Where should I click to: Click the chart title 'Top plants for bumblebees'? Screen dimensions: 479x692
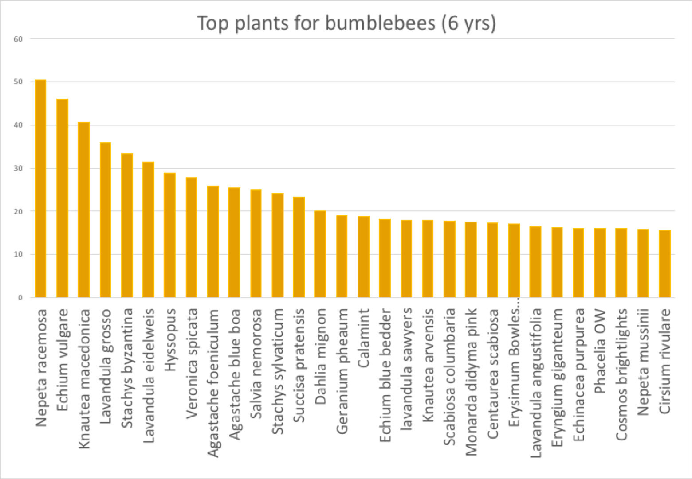click(x=346, y=23)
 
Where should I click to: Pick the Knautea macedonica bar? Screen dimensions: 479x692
click(x=83, y=210)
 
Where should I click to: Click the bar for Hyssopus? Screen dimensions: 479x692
click(x=169, y=235)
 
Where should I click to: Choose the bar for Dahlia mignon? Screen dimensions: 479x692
click(x=320, y=254)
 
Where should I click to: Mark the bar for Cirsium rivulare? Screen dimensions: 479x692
click(x=664, y=264)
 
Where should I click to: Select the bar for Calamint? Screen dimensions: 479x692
click(x=363, y=257)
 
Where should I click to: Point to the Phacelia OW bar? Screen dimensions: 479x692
click(x=600, y=263)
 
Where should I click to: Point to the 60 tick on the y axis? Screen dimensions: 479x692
click(x=18, y=39)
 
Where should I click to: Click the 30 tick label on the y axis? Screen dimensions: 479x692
click(x=18, y=168)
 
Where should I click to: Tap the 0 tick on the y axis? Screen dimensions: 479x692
click(x=20, y=298)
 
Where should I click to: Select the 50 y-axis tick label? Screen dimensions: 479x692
click(x=18, y=82)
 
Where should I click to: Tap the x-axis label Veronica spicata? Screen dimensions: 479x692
click(x=191, y=364)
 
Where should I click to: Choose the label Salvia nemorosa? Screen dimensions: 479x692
click(x=256, y=364)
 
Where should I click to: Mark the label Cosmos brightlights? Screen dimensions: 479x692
click(x=621, y=374)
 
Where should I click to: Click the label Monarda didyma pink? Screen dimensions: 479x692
click(x=471, y=382)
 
